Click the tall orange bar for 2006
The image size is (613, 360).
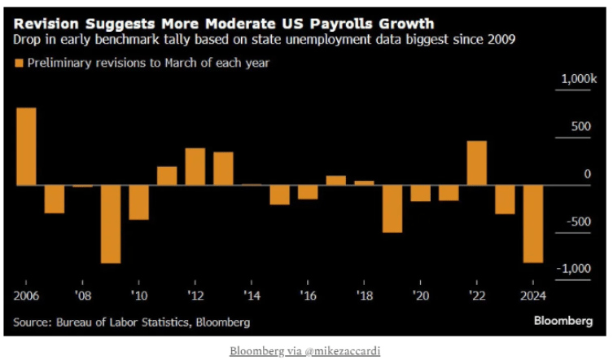(26, 147)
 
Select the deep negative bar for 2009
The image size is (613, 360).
(111, 224)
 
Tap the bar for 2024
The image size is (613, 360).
(534, 224)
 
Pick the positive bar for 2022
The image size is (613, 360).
(477, 163)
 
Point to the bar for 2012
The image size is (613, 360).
(195, 166)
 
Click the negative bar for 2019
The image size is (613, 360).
(393, 209)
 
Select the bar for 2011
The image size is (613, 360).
(167, 175)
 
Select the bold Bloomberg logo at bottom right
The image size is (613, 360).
(563, 321)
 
